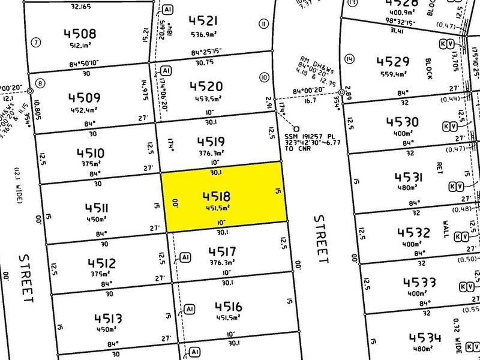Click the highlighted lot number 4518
tap(217, 196)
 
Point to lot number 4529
tap(393, 61)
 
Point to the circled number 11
tap(263, 25)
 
